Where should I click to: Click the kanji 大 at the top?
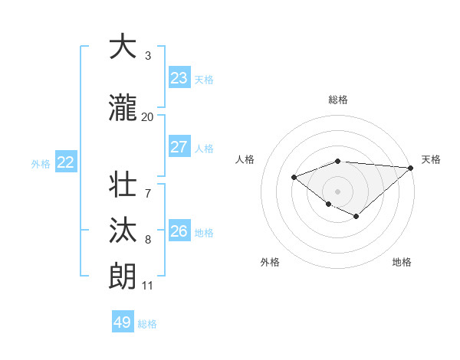tap(123, 47)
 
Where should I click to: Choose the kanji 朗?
tap(123, 276)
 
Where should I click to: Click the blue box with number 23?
tap(179, 78)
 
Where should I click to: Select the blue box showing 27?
tap(179, 147)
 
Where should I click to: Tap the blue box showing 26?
tap(179, 231)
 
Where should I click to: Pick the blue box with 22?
tap(66, 162)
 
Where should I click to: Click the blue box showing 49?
tap(123, 322)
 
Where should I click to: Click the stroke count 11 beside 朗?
tap(147, 286)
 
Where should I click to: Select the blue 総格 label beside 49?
tap(147, 324)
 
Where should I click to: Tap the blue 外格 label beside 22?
tap(41, 163)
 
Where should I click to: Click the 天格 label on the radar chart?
tap(431, 159)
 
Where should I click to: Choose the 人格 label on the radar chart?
tap(245, 159)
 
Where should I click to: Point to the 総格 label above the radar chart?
tap(338, 100)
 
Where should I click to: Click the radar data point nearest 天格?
tap(411, 168)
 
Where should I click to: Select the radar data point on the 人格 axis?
tap(294, 178)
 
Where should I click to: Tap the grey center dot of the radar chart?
tap(337, 191)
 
